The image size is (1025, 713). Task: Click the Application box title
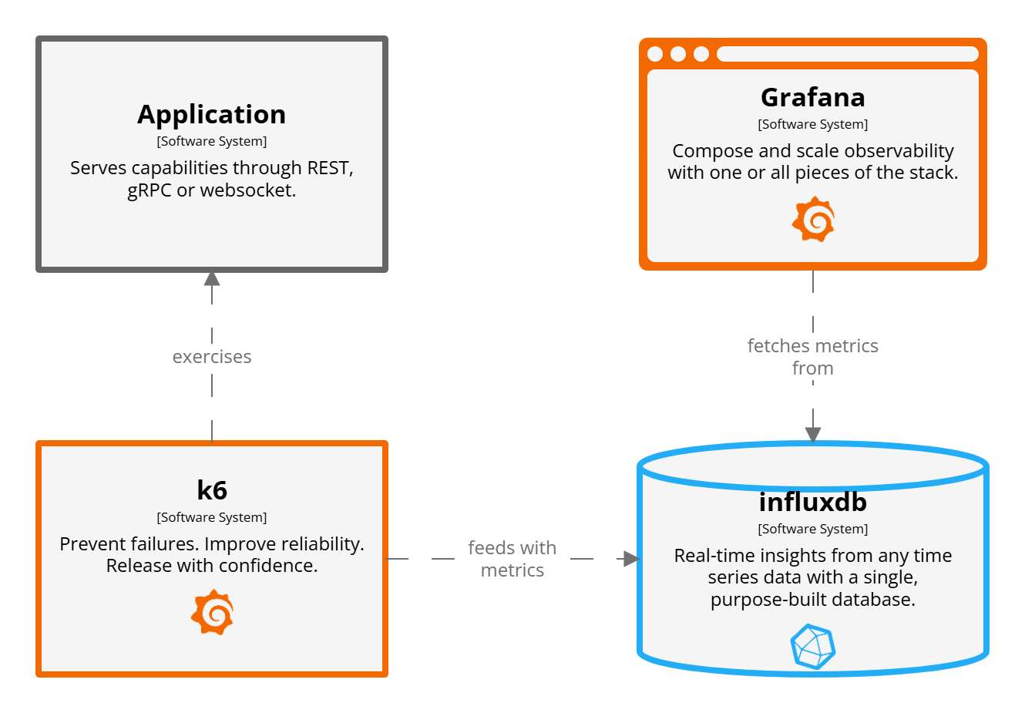(x=212, y=114)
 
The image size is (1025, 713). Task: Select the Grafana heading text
(x=812, y=97)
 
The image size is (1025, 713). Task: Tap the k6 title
(x=212, y=490)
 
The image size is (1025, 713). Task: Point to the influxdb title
(x=812, y=502)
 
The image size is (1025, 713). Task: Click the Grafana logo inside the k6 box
(x=213, y=612)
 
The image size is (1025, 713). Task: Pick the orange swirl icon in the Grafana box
(x=814, y=219)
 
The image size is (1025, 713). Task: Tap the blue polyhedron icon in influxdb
(x=813, y=646)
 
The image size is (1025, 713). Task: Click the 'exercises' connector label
(x=212, y=357)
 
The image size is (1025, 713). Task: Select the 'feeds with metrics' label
(x=512, y=559)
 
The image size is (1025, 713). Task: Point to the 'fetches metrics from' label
(x=812, y=357)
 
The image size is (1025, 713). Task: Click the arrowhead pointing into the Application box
(x=212, y=278)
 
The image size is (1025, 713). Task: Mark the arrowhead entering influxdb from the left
(x=631, y=559)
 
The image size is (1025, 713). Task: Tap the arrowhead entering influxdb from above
(x=813, y=435)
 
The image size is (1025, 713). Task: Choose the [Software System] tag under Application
(x=212, y=141)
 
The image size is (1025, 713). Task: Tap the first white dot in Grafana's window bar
(x=655, y=54)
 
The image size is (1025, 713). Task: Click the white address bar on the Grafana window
(x=847, y=54)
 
